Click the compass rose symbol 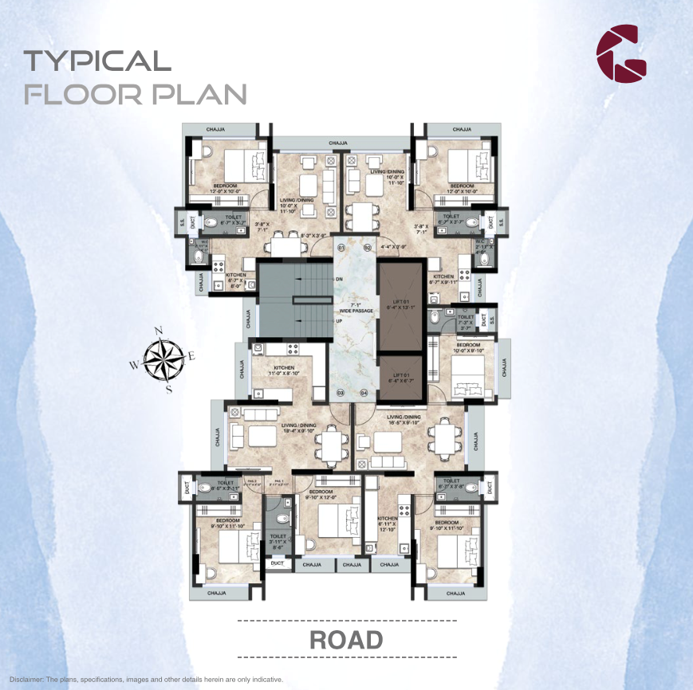163,360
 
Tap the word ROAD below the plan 346,640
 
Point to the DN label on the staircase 339,279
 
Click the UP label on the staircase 339,321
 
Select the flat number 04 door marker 364,393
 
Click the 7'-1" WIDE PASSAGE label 352,308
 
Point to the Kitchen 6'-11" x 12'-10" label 388,523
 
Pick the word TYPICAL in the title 96,61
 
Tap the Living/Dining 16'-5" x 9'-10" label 403,420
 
